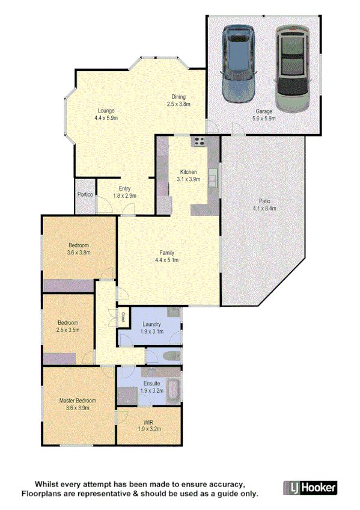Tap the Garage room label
click(x=264, y=111)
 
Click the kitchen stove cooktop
click(x=199, y=143)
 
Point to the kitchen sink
click(x=213, y=176)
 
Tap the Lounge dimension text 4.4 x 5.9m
click(x=106, y=118)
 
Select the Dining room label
click(x=178, y=97)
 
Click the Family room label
click(x=167, y=253)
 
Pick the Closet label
click(x=123, y=316)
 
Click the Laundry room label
click(x=151, y=325)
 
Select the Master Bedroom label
click(x=78, y=400)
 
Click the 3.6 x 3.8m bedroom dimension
click(x=79, y=252)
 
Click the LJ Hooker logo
click(x=310, y=488)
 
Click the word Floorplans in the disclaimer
click(x=44, y=494)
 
